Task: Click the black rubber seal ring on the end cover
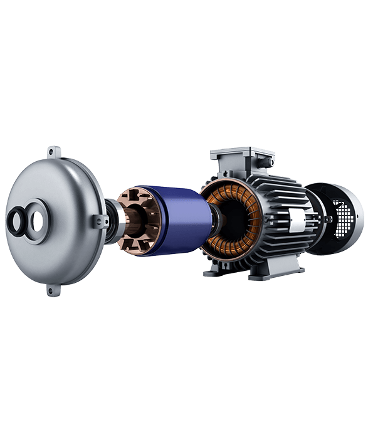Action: click(x=16, y=220)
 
